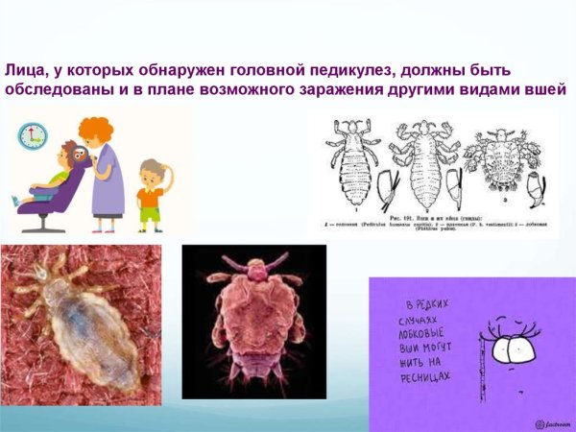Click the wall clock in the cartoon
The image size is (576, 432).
pos(33,134)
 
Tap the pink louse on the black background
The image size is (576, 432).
pos(253,322)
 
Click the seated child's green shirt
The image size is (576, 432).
pos(60,178)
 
